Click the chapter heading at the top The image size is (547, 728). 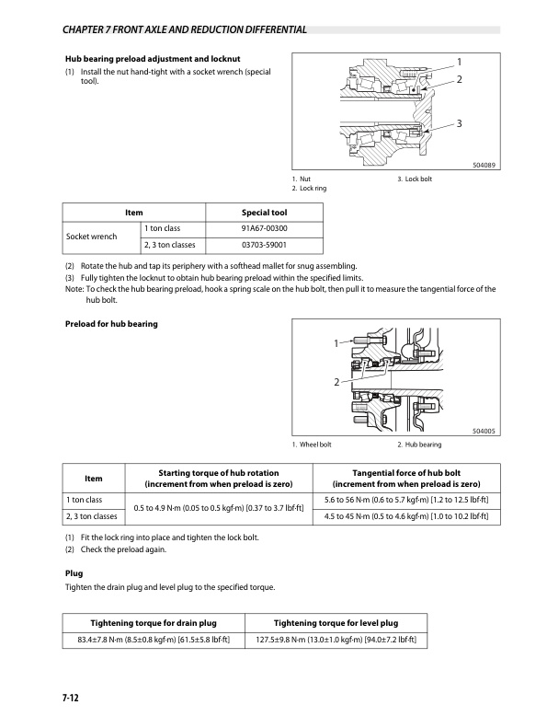[184, 29]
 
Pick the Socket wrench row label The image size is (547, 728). [92, 237]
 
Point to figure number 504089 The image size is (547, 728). [484, 165]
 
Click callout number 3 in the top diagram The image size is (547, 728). [458, 123]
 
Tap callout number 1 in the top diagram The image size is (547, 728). [458, 62]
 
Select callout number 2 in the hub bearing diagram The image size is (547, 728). [337, 380]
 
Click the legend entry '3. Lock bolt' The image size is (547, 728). [415, 178]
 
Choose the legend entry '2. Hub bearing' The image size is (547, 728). [418, 445]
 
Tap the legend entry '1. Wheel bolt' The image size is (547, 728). [312, 445]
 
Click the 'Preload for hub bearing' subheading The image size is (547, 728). [111, 323]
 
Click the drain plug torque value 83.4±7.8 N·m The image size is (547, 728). [154, 638]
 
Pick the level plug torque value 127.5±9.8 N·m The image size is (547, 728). [336, 638]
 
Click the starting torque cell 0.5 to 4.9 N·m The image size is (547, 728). [219, 507]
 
